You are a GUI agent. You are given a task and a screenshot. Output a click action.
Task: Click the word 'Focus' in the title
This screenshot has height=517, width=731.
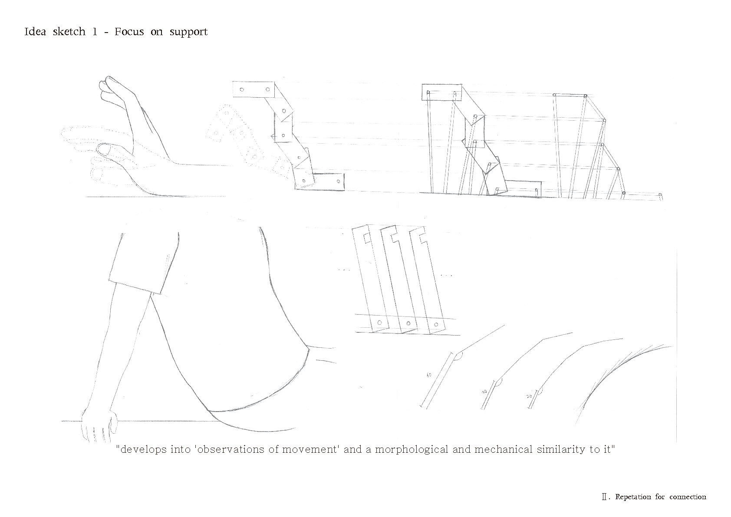point(129,32)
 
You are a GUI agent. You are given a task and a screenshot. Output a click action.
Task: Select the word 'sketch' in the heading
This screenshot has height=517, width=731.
point(69,32)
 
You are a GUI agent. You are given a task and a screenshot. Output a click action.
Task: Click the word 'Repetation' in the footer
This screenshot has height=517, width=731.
point(633,497)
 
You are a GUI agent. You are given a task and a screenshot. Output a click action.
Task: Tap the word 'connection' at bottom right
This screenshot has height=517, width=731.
point(688,497)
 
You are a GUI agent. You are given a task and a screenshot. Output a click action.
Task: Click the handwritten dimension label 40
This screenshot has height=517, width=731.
point(429,375)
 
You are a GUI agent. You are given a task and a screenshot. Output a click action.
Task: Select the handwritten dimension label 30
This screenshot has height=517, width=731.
point(484,392)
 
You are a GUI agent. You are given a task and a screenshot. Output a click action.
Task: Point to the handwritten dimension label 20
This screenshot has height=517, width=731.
point(529,397)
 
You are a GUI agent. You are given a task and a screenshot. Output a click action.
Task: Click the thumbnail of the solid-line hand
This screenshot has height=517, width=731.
point(105,151)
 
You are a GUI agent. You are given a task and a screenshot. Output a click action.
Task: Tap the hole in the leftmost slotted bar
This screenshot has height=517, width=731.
point(379,323)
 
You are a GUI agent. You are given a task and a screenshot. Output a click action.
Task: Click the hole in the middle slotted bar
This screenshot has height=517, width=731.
point(408,323)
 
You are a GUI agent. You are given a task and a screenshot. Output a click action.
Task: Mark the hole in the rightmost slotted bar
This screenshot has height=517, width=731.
point(436,324)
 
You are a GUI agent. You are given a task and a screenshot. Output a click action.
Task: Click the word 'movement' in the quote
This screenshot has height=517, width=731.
point(310,449)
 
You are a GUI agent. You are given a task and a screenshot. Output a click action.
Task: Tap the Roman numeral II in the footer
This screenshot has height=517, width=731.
point(604,497)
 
